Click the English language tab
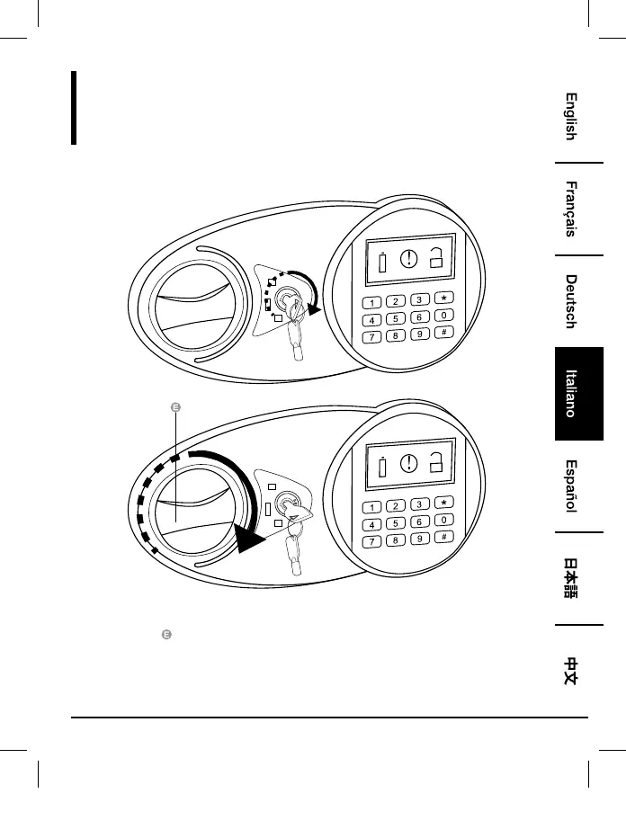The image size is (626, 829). (x=570, y=117)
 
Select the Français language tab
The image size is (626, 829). (x=570, y=209)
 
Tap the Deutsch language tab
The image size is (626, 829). (x=570, y=300)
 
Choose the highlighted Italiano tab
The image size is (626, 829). (x=570, y=395)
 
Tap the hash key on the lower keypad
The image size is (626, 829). (x=443, y=538)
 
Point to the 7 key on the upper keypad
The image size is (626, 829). (x=371, y=338)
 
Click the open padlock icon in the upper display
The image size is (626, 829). (x=437, y=260)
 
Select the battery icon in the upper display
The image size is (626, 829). (x=381, y=264)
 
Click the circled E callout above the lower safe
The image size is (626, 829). (x=175, y=407)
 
